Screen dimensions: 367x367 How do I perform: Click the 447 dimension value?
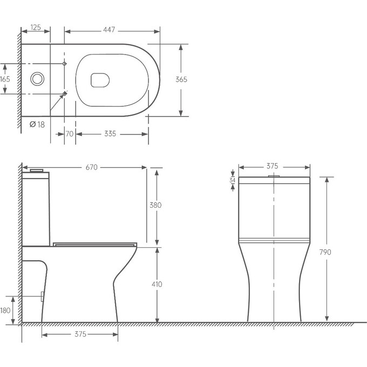[x=109, y=30]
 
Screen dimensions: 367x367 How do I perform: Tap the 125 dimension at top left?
[x=36, y=28]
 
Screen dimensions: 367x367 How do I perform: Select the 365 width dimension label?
[x=181, y=79]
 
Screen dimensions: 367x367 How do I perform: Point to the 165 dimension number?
[x=5, y=79]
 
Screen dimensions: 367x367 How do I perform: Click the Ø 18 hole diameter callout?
[x=37, y=124]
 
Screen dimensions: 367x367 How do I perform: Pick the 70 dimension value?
[x=70, y=134]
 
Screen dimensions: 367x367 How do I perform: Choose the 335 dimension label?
[x=110, y=134]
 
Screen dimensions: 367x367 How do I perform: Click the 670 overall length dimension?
[x=92, y=167]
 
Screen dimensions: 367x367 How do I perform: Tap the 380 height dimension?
[x=155, y=205]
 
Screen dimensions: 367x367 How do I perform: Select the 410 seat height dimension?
[x=157, y=284]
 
